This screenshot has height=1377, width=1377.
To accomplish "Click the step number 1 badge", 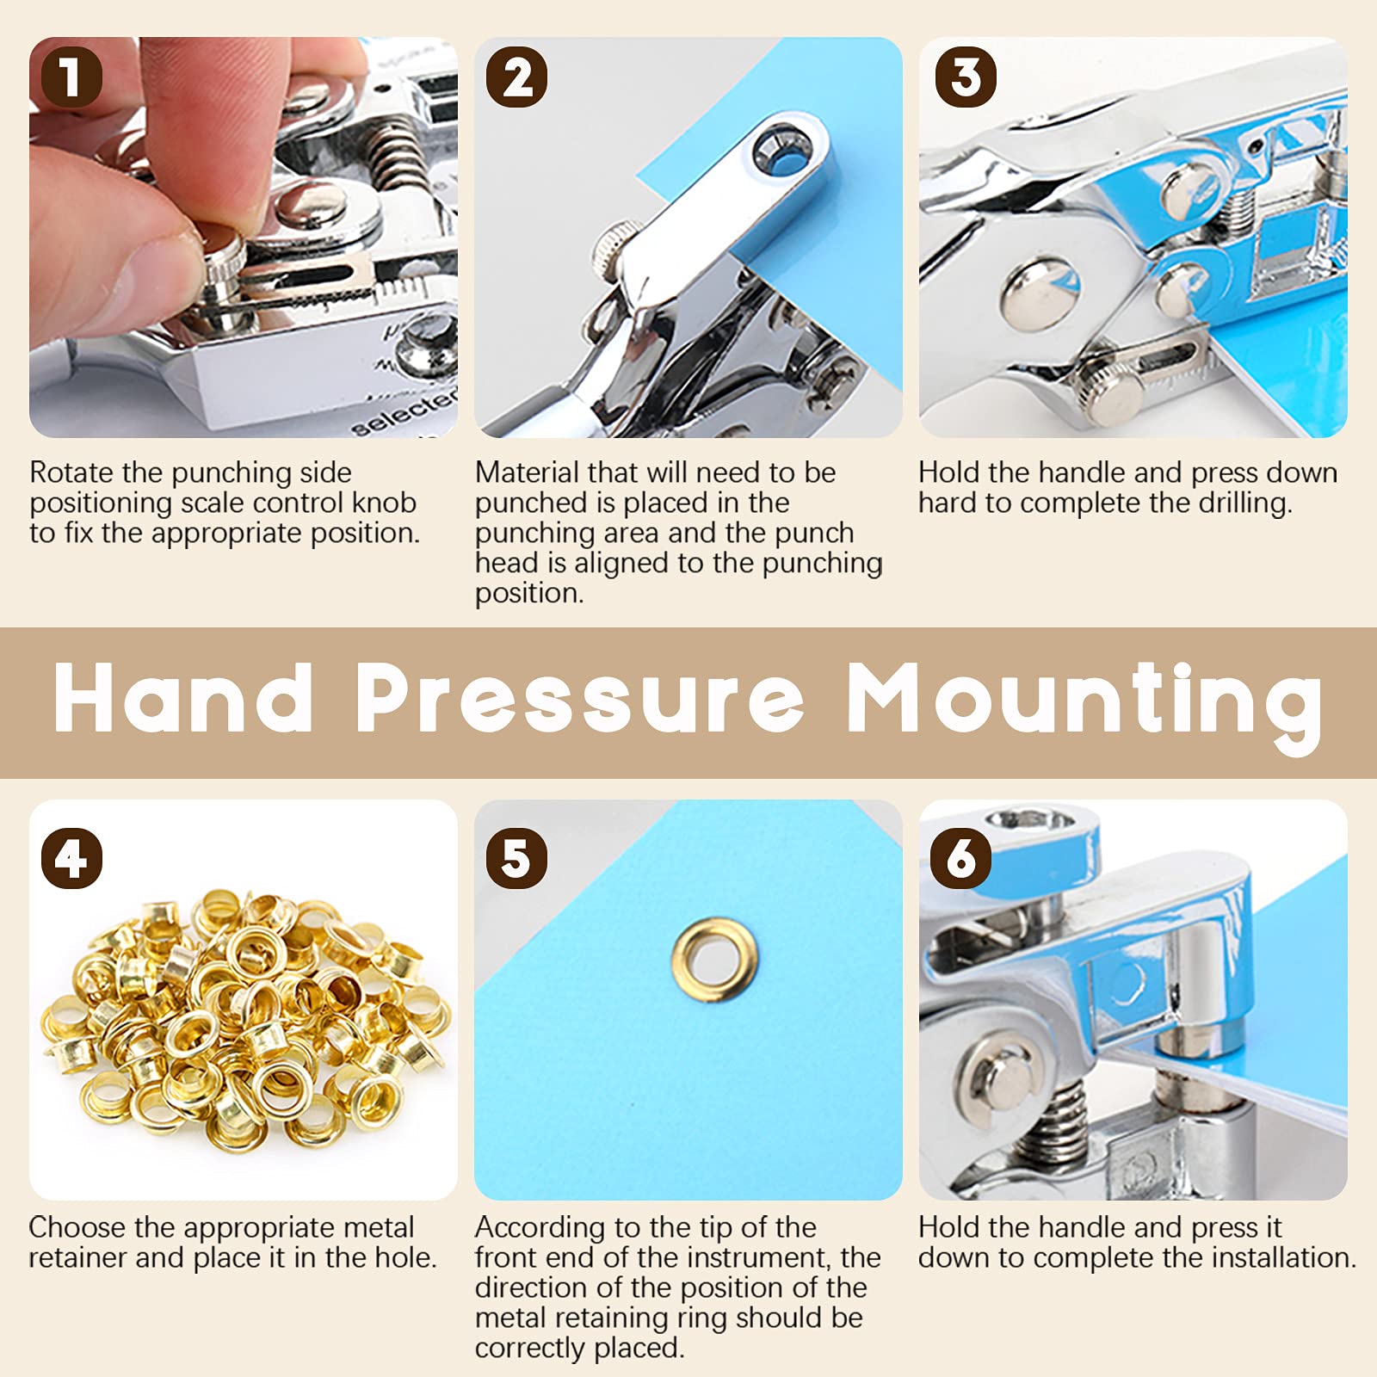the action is click(71, 77).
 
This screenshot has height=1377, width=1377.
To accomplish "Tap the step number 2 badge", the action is click(516, 77).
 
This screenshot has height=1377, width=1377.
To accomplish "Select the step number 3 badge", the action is click(966, 77).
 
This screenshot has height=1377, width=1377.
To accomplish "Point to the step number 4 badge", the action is click(71, 858).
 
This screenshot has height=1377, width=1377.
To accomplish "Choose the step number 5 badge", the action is click(516, 858).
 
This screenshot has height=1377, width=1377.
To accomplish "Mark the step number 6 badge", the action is click(961, 858).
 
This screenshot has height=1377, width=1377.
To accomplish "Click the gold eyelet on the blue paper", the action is click(715, 960).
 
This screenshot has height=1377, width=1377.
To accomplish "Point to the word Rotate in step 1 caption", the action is click(71, 472).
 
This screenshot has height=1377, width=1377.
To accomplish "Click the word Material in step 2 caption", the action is click(527, 472).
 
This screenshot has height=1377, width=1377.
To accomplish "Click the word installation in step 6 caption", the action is click(1285, 1257).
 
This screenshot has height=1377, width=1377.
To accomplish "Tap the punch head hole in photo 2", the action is click(779, 147).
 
